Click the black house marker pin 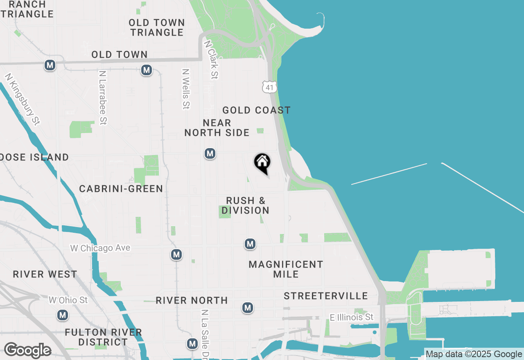pyautogui.click(x=262, y=163)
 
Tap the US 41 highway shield pyautogui.click(x=269, y=87)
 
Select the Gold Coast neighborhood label pyautogui.click(x=256, y=110)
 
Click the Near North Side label pyautogui.click(x=217, y=128)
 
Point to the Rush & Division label pyautogui.click(x=246, y=205)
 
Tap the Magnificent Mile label pyautogui.click(x=286, y=269)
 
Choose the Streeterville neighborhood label pyautogui.click(x=326, y=296)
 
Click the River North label pyautogui.click(x=192, y=300)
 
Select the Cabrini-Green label pyautogui.click(x=121, y=189)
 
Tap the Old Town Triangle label pyautogui.click(x=157, y=27)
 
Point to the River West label pyautogui.click(x=45, y=274)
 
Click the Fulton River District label pyautogui.click(x=103, y=337)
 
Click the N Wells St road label pyautogui.click(x=186, y=89)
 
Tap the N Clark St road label pyautogui.click(x=212, y=59)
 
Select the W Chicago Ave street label pyautogui.click(x=100, y=248)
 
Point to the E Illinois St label pyautogui.click(x=352, y=317)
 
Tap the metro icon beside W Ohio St pyautogui.click(x=63, y=315)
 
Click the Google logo pyautogui.click(x=27, y=351)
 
